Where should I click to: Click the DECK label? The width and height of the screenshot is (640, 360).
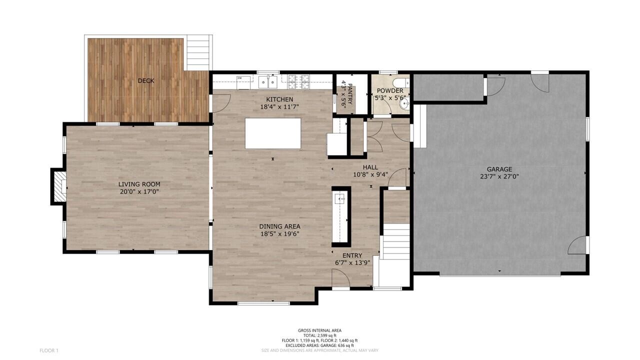coord(146,80)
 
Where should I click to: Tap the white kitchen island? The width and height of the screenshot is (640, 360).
coord(273,133)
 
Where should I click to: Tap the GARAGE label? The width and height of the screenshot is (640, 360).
coord(499,169)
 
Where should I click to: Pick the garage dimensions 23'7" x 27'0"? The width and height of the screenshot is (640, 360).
coord(499,176)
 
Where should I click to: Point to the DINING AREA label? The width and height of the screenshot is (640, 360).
coord(279,226)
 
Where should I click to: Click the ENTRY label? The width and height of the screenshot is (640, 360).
coord(352,255)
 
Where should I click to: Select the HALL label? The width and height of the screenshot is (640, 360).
coord(370,167)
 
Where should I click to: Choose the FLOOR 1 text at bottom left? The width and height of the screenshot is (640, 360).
coord(49,350)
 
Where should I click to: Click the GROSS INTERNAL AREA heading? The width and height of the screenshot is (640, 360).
coord(319,330)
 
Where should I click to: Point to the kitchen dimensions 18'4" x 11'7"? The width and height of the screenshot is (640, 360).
coord(279,107)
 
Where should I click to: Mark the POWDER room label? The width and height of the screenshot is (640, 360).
coord(389,91)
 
